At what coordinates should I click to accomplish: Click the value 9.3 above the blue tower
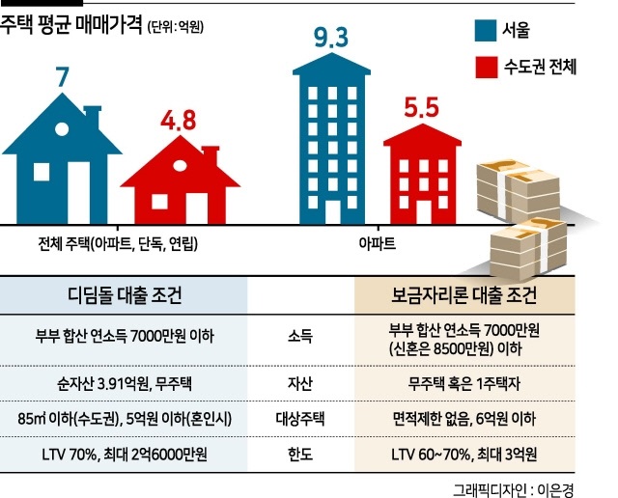coord(331,41)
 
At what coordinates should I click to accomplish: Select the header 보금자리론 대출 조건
coord(481,294)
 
